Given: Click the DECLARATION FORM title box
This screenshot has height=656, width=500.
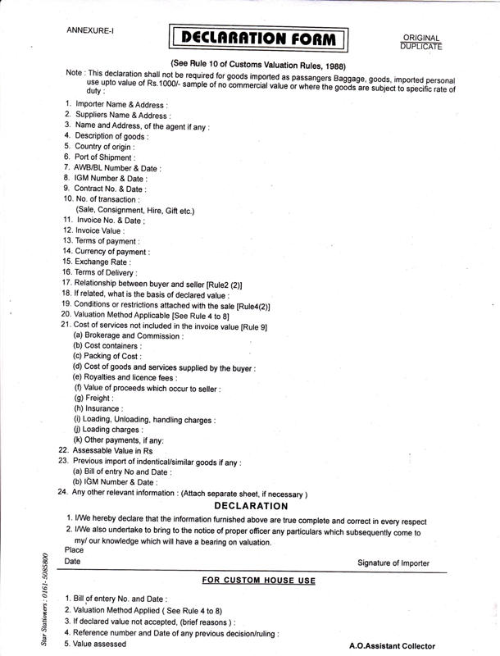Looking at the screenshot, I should (x=258, y=38).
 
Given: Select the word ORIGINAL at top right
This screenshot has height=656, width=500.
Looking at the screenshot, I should (x=422, y=38).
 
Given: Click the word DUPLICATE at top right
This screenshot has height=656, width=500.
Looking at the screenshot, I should (x=422, y=47).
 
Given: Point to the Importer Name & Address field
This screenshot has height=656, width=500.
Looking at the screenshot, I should (x=122, y=105).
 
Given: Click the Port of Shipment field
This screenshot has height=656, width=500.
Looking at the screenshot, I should (x=106, y=157).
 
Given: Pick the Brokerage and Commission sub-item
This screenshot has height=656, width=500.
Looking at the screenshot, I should (x=129, y=335).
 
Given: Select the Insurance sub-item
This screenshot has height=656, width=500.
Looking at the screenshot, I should (x=99, y=408).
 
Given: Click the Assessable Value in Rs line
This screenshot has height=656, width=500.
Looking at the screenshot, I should (x=113, y=451).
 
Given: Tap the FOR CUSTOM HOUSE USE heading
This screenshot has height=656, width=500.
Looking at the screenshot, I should (x=258, y=581).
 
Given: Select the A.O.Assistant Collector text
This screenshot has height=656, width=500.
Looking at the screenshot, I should (x=393, y=646).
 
